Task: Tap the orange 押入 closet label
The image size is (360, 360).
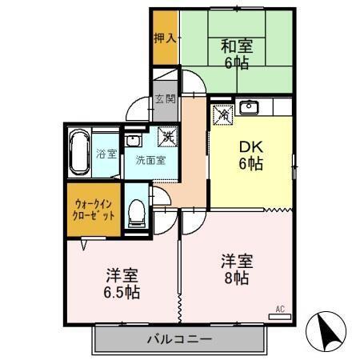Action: [x=166, y=38]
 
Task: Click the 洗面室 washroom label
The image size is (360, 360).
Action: [x=150, y=158]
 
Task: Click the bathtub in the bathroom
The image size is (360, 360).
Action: [x=78, y=152]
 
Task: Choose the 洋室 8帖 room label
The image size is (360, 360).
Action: [x=238, y=269]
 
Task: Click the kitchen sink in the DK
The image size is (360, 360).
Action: [x=248, y=106]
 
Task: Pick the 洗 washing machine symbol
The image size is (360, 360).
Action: [x=166, y=136]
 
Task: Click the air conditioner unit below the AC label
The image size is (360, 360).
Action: [x=280, y=317]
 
